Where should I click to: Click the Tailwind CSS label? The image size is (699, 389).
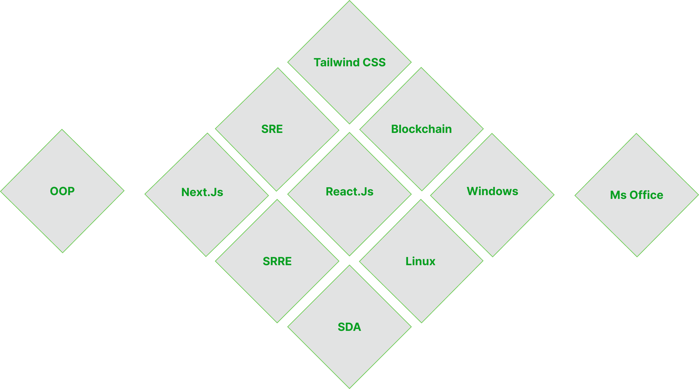point(349,62)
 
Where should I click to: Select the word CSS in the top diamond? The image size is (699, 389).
point(374,62)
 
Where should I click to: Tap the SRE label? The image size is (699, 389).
point(272,129)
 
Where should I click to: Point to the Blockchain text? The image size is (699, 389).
point(421,129)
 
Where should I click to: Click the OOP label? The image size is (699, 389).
point(62,191)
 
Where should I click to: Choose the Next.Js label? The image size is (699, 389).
point(202,192)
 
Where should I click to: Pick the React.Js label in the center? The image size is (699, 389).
point(349,191)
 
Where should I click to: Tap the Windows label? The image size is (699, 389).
point(492,191)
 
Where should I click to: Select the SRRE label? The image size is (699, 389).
point(277,261)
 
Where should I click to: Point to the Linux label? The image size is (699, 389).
point(420,261)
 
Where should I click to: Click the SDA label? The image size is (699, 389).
point(349,327)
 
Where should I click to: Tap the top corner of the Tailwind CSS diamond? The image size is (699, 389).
point(349,1)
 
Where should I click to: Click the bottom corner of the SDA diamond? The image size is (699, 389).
point(349,388)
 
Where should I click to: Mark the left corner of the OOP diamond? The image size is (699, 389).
point(1,191)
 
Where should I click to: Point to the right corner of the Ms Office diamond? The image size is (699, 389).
point(698,195)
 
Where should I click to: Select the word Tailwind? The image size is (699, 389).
point(337,62)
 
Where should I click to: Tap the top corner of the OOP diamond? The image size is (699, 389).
point(62,129)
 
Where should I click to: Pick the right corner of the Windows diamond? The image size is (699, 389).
point(554,195)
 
